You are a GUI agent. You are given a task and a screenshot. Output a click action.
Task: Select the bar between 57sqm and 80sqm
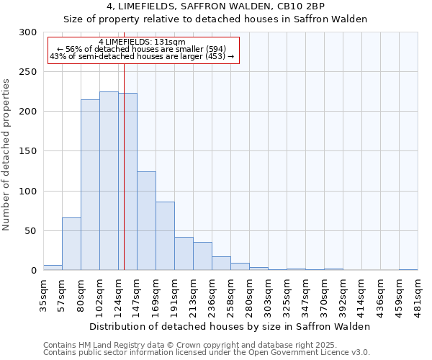point(71,243)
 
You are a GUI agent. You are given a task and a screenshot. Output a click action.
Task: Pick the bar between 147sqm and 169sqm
point(146,221)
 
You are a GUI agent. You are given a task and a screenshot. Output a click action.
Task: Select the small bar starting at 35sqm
point(53,267)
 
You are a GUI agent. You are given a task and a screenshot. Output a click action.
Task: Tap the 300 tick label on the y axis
point(28,32)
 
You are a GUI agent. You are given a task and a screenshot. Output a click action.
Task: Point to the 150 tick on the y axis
point(28,151)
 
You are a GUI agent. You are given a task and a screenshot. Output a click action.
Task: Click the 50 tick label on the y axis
point(31,231)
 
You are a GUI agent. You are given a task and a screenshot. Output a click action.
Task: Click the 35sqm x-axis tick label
point(43,294)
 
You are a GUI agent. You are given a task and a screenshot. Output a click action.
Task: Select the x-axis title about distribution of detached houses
point(230,326)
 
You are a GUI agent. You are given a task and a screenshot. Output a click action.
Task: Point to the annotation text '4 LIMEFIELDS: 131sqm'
point(142,42)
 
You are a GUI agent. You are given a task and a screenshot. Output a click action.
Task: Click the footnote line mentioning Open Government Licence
point(207,353)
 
